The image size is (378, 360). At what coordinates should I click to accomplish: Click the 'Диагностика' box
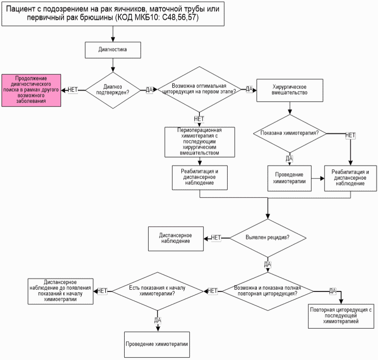(113, 50)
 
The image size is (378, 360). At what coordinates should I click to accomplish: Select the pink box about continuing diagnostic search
(31, 90)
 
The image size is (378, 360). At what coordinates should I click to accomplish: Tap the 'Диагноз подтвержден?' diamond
(113, 90)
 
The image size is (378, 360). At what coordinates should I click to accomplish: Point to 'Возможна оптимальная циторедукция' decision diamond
(199, 89)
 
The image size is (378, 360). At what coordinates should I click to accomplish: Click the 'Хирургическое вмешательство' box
(290, 90)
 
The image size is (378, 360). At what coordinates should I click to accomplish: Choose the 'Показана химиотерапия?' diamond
(290, 133)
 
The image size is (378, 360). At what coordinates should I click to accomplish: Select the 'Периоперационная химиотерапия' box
(199, 142)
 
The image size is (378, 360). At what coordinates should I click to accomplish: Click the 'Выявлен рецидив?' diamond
(268, 238)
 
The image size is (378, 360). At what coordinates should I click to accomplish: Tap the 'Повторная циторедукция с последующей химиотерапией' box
(341, 316)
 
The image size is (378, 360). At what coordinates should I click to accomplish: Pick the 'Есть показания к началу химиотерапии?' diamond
(157, 292)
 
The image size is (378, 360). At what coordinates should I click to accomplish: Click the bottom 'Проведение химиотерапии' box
(157, 345)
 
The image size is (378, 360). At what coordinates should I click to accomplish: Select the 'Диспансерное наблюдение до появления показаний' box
(61, 292)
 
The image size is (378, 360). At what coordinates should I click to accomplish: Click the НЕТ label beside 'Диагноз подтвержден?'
(73, 90)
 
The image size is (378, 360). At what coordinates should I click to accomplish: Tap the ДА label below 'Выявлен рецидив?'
(267, 264)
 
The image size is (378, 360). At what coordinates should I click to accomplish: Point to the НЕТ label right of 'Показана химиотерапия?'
(350, 135)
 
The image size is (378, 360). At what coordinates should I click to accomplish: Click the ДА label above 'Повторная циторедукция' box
(332, 291)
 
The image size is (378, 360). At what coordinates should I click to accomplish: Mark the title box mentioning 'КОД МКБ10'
(113, 14)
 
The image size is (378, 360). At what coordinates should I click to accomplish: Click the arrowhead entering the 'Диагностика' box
(113, 40)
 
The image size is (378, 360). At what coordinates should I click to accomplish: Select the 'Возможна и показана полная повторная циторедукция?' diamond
(268, 292)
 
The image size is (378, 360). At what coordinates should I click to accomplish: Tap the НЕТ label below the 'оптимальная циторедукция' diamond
(199, 119)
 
